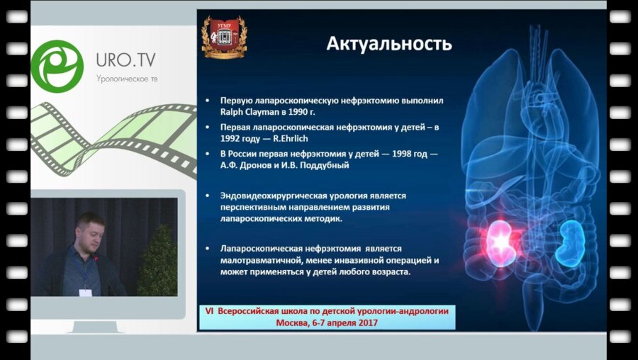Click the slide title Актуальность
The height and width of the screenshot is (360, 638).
(388, 44)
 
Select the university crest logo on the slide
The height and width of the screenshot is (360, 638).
(223, 37)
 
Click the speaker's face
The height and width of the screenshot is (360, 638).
(89, 232)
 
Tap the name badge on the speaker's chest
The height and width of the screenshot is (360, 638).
(85, 290)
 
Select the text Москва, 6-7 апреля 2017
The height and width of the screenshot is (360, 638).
(327, 322)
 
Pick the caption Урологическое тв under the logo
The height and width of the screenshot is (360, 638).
(127, 78)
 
